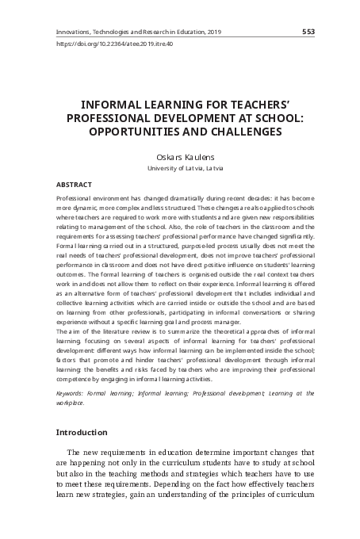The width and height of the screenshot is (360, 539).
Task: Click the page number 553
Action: [x=309, y=32]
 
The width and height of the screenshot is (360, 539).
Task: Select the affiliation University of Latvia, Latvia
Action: [x=181, y=169]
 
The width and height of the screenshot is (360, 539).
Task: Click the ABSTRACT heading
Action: [x=75, y=184]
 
